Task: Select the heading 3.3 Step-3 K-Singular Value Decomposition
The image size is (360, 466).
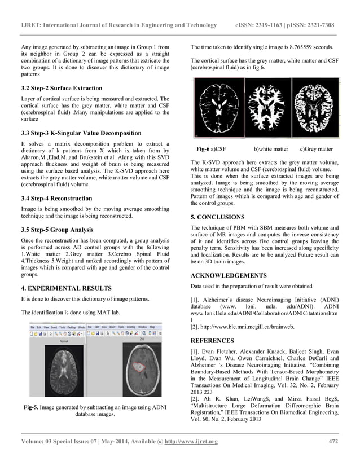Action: click(x=81, y=133)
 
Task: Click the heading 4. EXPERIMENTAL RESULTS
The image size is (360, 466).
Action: click(x=66, y=288)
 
